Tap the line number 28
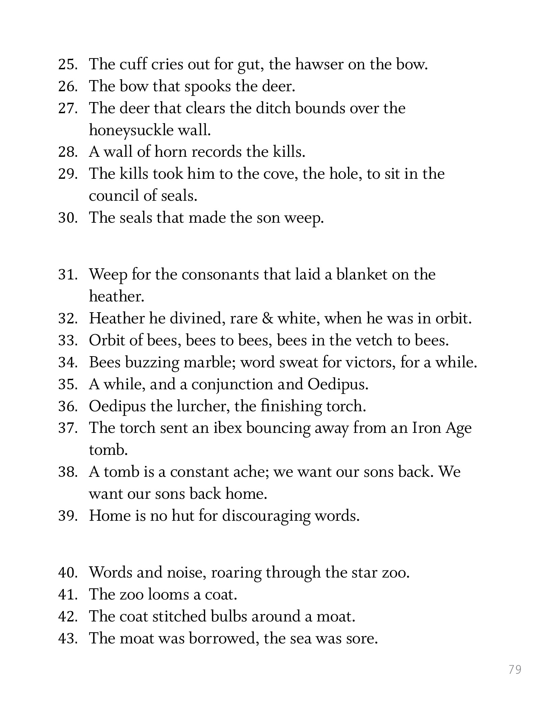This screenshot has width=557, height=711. click(x=68, y=152)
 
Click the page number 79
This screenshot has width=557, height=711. click(x=515, y=669)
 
